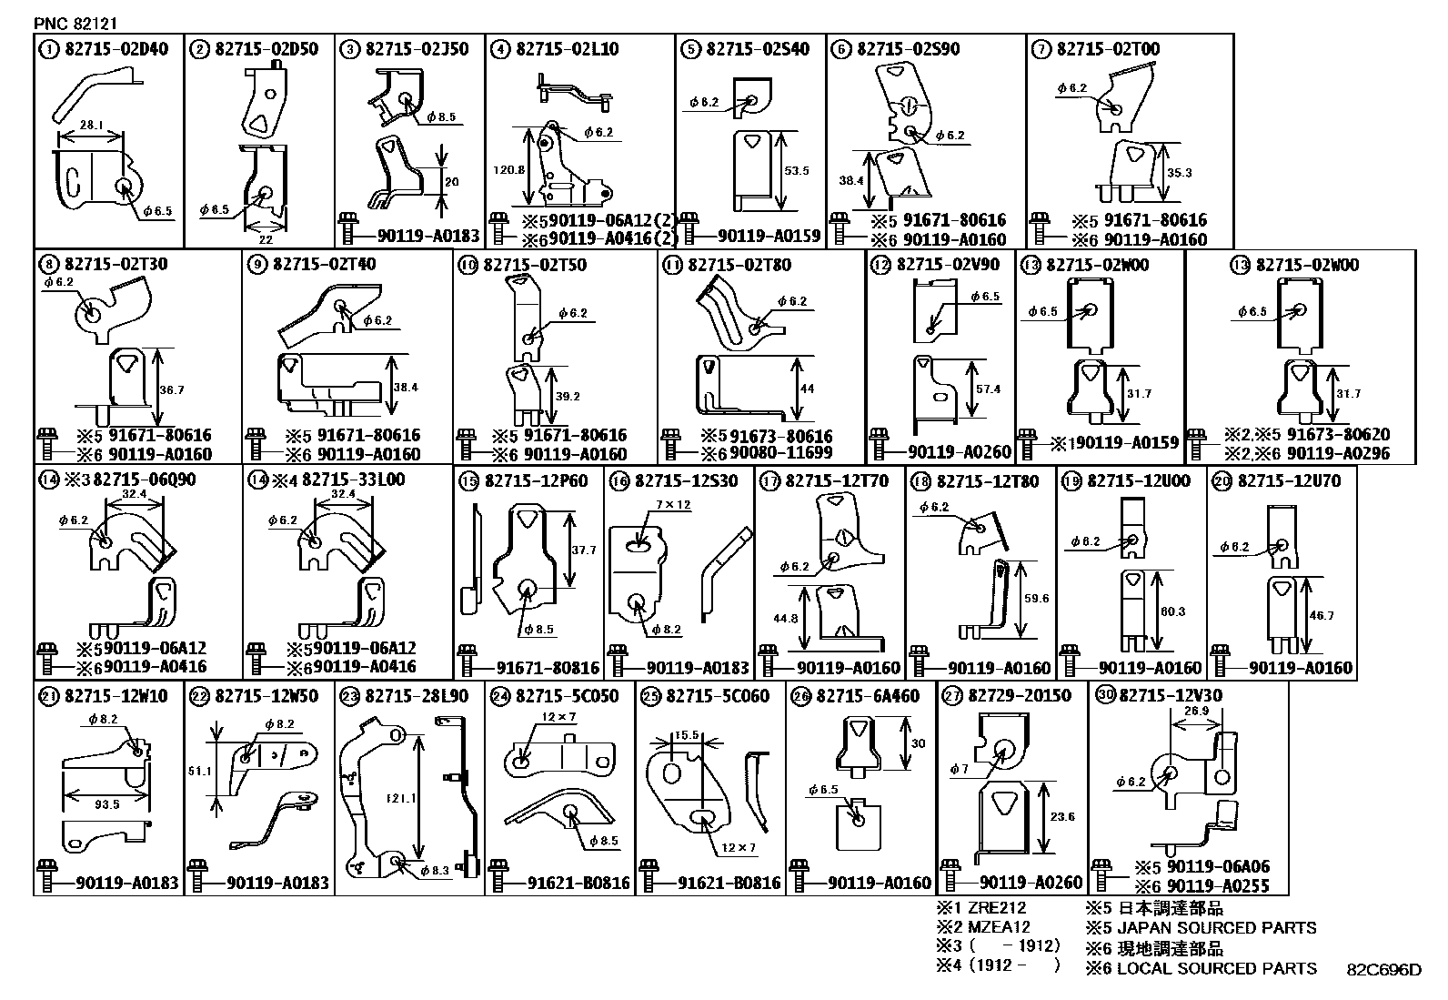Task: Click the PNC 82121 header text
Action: pos(75,24)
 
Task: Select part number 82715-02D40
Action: pos(116,49)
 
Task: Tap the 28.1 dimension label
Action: pos(91,125)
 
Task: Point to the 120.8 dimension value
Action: pos(508,170)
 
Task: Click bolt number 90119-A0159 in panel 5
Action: pos(769,236)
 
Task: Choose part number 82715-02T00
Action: pos(1108,49)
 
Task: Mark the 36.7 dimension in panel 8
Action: pos(172,390)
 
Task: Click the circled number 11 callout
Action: pos(673,265)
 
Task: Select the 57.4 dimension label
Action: pos(989,389)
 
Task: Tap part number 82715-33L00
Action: pos(354,480)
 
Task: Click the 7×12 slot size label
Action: pos(673,504)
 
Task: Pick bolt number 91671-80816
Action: pos(548,668)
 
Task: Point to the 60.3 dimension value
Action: pos(1172,611)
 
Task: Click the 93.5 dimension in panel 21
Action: pos(106,804)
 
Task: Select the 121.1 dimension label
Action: pos(401,798)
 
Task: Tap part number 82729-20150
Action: pos(1020,696)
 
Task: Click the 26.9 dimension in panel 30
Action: pos(1196,711)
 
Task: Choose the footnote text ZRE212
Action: pos(997,908)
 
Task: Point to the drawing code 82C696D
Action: pos(1384,970)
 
